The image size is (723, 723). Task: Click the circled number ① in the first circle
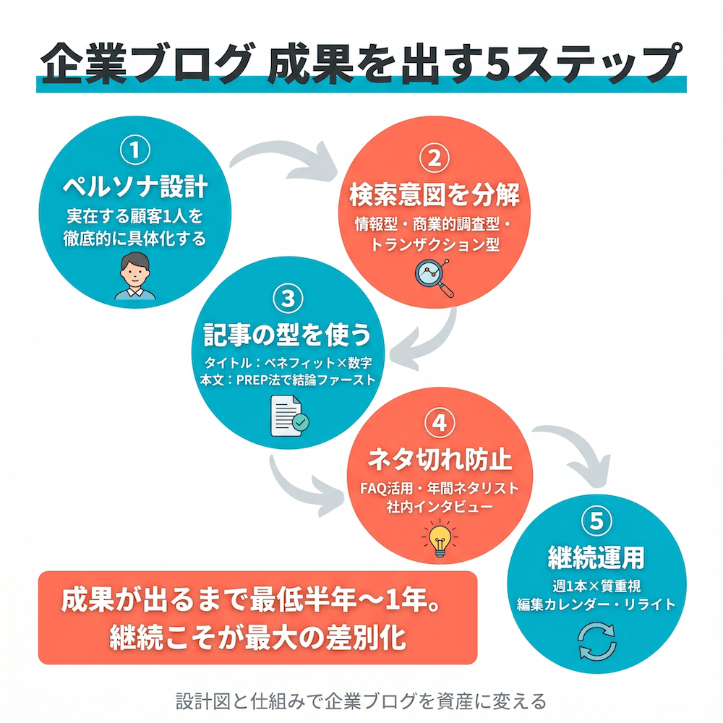(136, 151)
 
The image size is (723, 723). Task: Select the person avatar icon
(134, 277)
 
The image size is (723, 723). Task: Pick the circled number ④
(439, 424)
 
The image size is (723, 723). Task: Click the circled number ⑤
(596, 520)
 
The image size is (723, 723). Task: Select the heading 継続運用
(596, 557)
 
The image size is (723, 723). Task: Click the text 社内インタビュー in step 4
(440, 507)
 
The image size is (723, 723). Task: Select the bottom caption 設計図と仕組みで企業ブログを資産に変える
(361, 701)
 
